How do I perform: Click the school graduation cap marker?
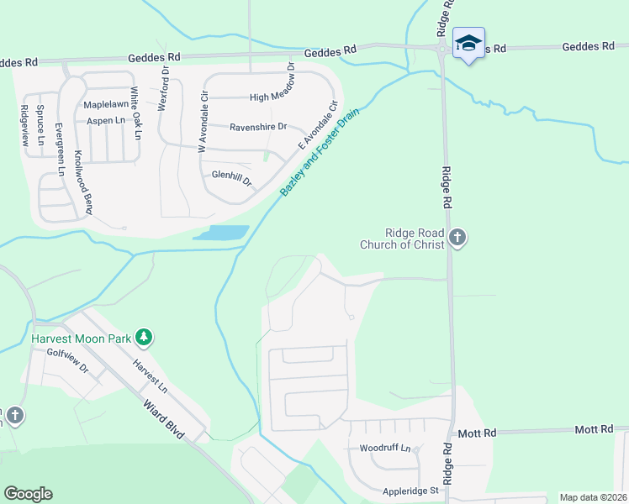point(468,42)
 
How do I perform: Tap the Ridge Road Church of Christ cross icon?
point(457,238)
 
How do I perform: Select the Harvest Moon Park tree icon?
point(145,338)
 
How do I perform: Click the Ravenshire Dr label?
point(258,127)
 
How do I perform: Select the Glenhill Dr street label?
point(232,176)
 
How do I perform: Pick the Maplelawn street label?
point(105,105)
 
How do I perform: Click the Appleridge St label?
point(412,490)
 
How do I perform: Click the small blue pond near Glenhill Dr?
point(222,232)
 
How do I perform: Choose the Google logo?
point(28,494)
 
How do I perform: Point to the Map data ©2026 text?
point(593,497)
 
